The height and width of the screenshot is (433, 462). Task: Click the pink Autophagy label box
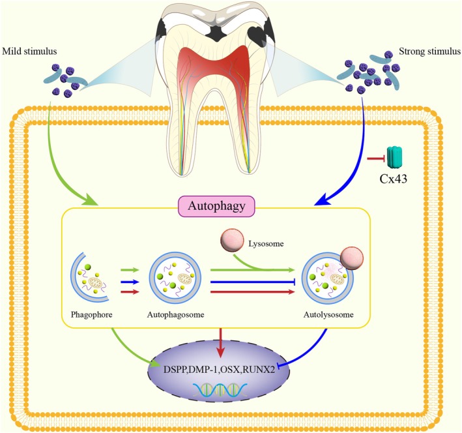point(217,206)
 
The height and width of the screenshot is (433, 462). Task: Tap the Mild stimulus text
point(29,52)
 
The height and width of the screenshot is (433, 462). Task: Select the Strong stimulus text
point(429,52)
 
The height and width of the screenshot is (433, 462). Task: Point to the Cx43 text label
point(394,179)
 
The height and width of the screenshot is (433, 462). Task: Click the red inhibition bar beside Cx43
point(376,159)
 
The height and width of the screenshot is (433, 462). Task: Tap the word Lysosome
point(266,244)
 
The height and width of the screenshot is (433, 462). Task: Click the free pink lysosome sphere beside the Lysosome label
point(232,239)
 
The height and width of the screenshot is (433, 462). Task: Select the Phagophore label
point(92,314)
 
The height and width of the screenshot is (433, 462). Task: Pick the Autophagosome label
point(175,314)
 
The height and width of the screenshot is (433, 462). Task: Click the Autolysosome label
point(328,314)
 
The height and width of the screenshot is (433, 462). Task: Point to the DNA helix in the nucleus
point(220,389)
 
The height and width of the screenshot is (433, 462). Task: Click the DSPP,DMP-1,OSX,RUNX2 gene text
point(219,369)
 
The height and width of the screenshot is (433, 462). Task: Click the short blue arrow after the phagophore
point(130,282)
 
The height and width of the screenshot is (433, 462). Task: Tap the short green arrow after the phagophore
point(130,269)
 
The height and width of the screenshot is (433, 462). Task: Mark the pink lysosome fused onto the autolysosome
point(352,258)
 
